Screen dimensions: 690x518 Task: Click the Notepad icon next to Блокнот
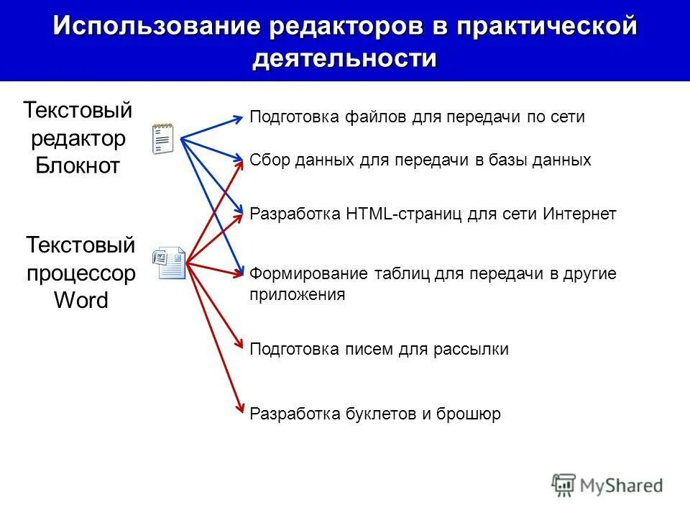pyautogui.click(x=163, y=138)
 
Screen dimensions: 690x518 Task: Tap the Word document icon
pyautogui.click(x=169, y=263)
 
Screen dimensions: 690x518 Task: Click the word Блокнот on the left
pyautogui.click(x=78, y=165)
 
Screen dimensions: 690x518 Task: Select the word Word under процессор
pyautogui.click(x=81, y=300)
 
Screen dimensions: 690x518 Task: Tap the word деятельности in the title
pyautogui.click(x=344, y=58)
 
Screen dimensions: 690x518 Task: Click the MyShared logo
pyautogui.click(x=607, y=484)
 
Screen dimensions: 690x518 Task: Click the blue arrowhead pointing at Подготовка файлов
pyautogui.click(x=239, y=118)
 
